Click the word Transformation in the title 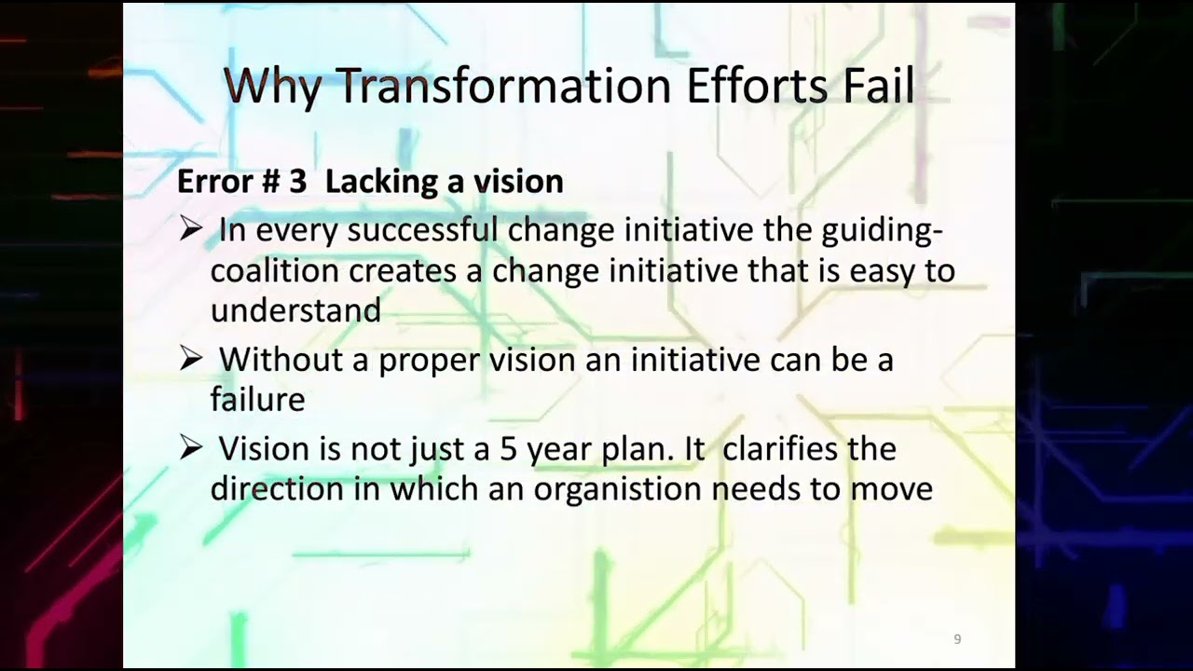[x=503, y=86]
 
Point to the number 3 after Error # [x=297, y=182]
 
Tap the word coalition [x=275, y=270]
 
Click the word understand [x=295, y=310]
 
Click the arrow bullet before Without [x=190, y=360]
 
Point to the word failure [x=257, y=400]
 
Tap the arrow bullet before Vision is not [x=190, y=448]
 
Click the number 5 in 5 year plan [x=508, y=449]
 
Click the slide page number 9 [x=957, y=639]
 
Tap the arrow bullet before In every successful [x=190, y=230]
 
